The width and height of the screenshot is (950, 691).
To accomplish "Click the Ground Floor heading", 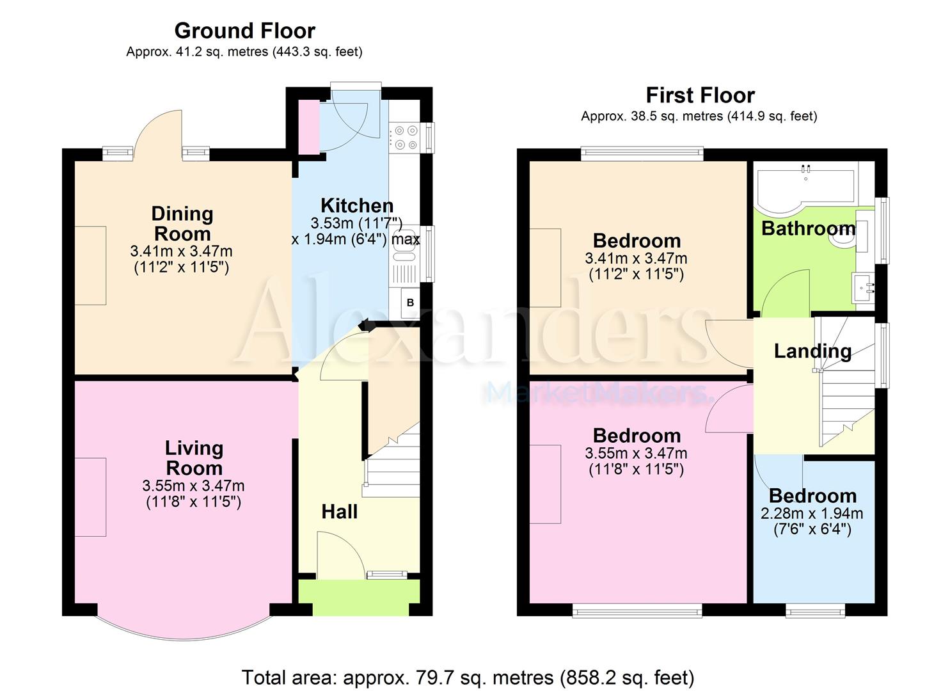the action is click(245, 31).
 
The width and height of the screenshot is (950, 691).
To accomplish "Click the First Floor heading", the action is click(701, 95).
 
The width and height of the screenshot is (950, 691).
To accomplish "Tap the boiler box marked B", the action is click(410, 303).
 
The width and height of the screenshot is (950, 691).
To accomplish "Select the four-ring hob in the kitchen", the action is click(406, 138).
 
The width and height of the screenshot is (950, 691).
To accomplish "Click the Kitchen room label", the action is click(357, 206).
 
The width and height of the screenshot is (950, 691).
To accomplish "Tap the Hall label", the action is click(339, 512).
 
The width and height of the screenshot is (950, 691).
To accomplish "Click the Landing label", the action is click(812, 352).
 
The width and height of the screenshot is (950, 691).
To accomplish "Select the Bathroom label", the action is click(809, 228).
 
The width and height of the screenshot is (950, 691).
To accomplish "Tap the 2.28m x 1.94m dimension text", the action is click(812, 514).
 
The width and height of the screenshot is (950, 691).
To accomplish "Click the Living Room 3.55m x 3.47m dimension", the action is click(193, 486).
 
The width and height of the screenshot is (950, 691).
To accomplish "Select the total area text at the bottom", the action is click(468, 678).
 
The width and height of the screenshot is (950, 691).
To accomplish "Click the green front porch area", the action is click(360, 597).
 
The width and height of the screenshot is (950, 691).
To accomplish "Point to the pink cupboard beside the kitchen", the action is click(309, 127).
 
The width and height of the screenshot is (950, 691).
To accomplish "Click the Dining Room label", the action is click(182, 223).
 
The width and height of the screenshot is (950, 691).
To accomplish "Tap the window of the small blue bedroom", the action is click(815, 612).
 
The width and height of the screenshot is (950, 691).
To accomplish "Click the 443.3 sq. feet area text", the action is click(317, 52).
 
